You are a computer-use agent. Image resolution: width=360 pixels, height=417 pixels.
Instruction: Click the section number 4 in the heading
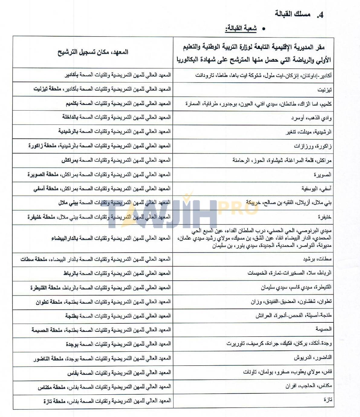coord(320,15)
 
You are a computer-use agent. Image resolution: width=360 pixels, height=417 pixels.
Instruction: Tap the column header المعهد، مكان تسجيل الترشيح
coord(93,52)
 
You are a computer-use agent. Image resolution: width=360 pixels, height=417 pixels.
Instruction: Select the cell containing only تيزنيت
coord(325,90)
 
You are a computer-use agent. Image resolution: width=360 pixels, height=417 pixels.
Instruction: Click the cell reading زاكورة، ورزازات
coord(313,146)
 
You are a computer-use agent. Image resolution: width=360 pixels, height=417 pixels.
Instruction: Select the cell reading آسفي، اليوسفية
coord(316,189)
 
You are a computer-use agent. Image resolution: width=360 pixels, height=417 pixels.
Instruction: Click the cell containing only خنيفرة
coord(324,217)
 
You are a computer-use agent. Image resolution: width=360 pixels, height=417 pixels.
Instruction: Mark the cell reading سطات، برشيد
coord(317,259)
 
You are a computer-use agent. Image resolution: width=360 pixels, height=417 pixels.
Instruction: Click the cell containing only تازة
coord(327,400)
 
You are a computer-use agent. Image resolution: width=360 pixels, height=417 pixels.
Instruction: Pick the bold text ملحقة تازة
coord(54,402)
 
